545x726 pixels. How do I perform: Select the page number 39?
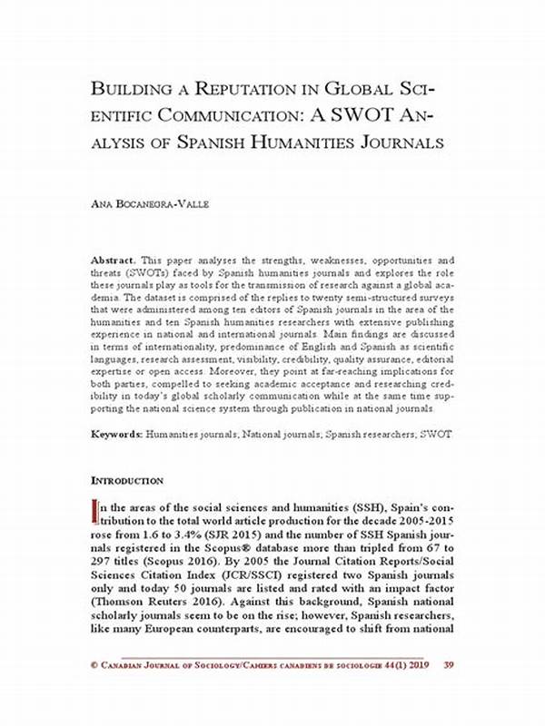click(448, 692)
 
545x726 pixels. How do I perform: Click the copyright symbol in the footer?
click(95, 692)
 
